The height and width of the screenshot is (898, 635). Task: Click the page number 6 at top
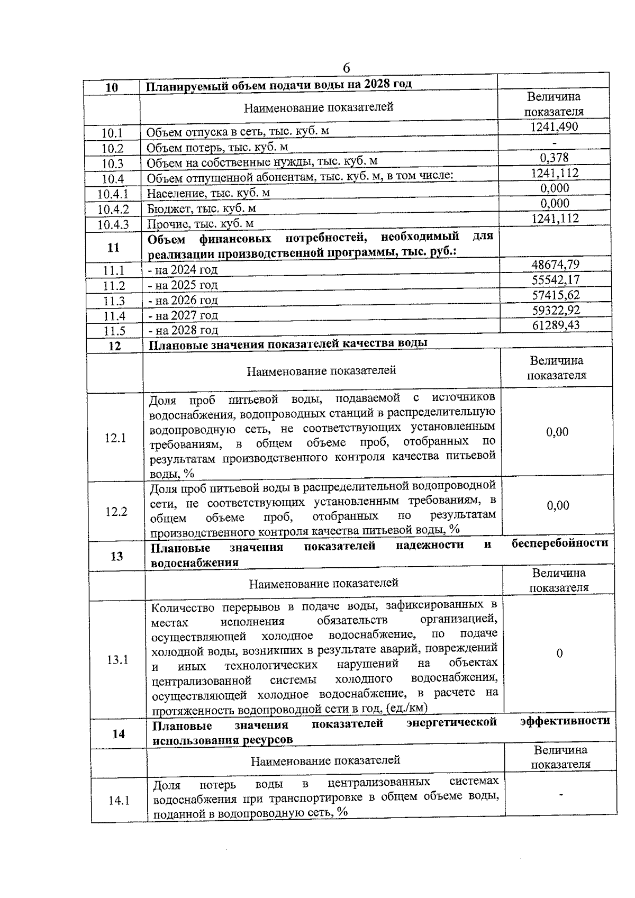pos(347,68)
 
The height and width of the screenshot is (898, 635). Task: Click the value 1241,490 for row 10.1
pos(554,127)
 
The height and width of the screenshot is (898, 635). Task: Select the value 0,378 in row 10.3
pos(555,158)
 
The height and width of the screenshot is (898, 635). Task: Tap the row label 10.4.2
pos(113,210)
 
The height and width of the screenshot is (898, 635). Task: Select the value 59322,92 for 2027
pos(556,310)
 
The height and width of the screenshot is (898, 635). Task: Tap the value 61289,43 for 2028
pos(556,325)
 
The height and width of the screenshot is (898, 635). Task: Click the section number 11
pos(113,248)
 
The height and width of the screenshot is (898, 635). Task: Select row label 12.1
pos(115,438)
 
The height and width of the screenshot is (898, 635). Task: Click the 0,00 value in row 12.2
pos(558,506)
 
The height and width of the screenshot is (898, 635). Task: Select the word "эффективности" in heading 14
pos(565,721)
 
